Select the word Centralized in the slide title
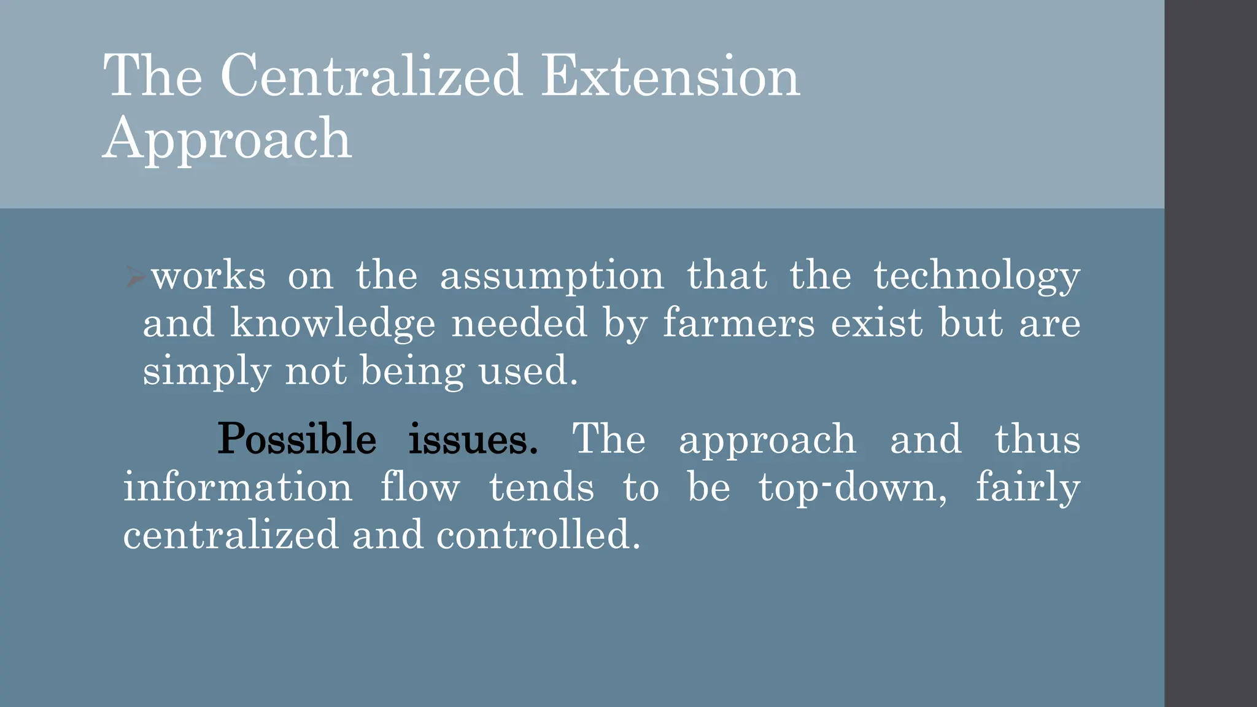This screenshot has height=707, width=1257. pyautogui.click(x=371, y=76)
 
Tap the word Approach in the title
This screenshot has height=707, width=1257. pyautogui.click(x=227, y=140)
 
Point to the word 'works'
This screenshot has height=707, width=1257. pyautogui.click(x=209, y=276)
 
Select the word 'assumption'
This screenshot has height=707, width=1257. pyautogui.click(x=552, y=276)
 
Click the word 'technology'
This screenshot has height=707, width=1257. pyautogui.click(x=977, y=276)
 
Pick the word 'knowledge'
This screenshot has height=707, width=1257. pyautogui.click(x=333, y=324)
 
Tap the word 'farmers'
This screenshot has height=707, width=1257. pyautogui.click(x=739, y=324)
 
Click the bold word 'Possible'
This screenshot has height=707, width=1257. pyautogui.click(x=297, y=439)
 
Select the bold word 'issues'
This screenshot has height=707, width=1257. pyautogui.click(x=473, y=439)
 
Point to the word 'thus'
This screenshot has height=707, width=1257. pyautogui.click(x=1037, y=439)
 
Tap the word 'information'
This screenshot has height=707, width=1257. pyautogui.click(x=238, y=487)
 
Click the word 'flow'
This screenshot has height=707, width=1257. pyautogui.click(x=420, y=487)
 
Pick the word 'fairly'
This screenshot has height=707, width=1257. pyautogui.click(x=1027, y=487)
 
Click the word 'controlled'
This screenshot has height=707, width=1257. pyautogui.click(x=534, y=535)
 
